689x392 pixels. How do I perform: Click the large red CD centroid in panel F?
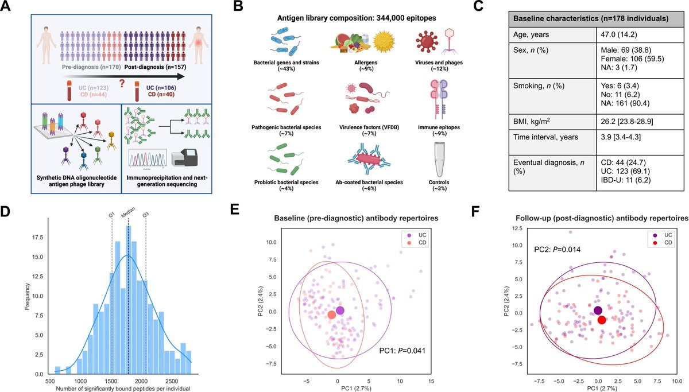coord(601,320)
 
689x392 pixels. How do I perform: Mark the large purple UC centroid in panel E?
coord(340,311)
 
